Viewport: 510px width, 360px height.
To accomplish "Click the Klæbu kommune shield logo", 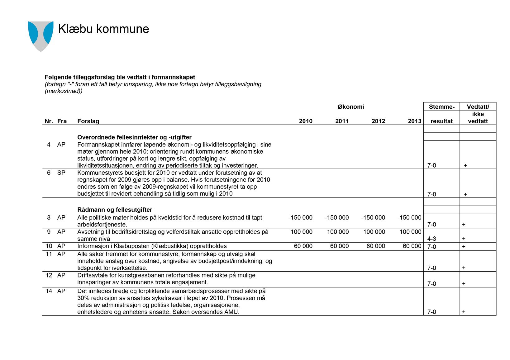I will coord(41,36).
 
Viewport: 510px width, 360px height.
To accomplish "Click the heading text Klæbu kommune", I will coord(103,29).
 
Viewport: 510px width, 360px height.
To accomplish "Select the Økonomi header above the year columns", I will coord(350,107).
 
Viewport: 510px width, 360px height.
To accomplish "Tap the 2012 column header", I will coord(378,121).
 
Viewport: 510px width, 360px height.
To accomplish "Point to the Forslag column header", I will coord(88,121).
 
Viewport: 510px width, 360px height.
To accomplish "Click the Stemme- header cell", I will coord(441,107).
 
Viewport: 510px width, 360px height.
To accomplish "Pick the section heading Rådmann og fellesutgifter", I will coord(115,210).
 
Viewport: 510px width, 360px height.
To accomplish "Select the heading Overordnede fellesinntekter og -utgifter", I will coord(134,137).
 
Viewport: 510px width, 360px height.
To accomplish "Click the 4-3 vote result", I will coord(431,239).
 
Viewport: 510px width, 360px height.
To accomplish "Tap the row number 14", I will coord(49,291).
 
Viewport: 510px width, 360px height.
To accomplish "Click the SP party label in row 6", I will coord(61,173).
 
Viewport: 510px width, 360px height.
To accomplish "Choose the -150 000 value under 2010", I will coord(300,217).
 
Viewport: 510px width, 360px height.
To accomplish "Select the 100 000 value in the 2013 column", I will coord(410,232).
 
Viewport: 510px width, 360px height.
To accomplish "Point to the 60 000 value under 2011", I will coord(339,246).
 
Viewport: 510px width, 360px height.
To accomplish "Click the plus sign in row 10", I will coord(464,247).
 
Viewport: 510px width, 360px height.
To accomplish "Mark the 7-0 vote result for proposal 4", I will coord(431,165).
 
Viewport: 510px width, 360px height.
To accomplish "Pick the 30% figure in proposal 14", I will coord(83,298).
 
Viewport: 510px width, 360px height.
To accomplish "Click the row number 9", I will coord(49,232).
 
